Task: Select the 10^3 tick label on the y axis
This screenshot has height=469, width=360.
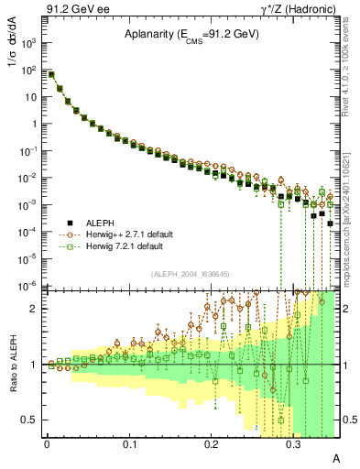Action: pos(31,43)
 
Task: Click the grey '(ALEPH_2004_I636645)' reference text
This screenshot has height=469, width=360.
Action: pos(191,272)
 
